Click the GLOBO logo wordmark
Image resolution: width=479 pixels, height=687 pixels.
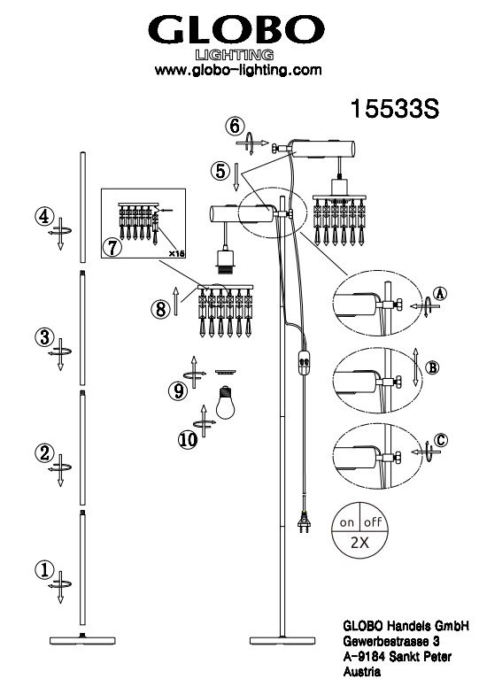pyautogui.click(x=236, y=30)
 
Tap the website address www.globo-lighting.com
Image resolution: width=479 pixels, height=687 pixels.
pyautogui.click(x=238, y=70)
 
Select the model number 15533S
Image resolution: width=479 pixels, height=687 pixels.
pyautogui.click(x=394, y=108)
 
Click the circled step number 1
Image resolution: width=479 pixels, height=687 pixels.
pyautogui.click(x=43, y=570)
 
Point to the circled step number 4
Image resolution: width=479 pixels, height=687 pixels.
pyautogui.click(x=44, y=217)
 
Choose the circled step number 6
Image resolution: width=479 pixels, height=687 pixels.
pyautogui.click(x=235, y=127)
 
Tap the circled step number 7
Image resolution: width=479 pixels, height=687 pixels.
pyautogui.click(x=112, y=248)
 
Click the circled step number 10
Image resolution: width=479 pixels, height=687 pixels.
pyautogui.click(x=189, y=439)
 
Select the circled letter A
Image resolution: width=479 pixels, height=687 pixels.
pyautogui.click(x=439, y=293)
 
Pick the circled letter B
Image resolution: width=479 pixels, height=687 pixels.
pyautogui.click(x=433, y=367)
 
